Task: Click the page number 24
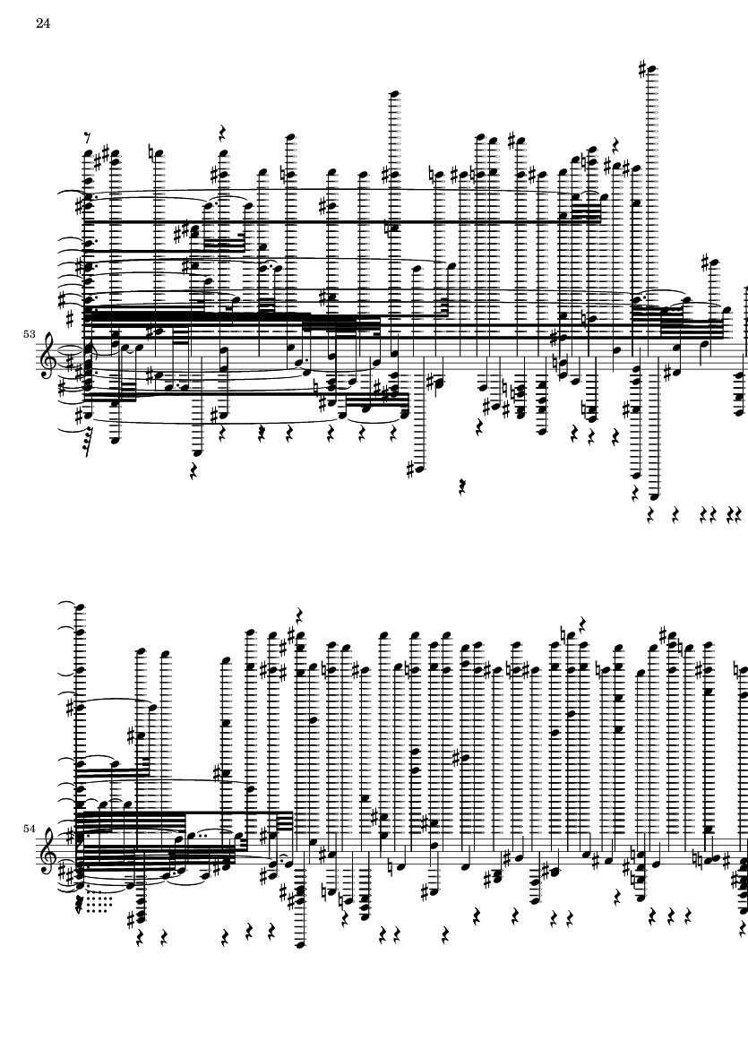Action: [x=43, y=23]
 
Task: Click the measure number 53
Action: [x=29, y=334]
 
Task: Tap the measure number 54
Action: [x=29, y=828]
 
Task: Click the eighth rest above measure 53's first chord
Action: [x=87, y=138]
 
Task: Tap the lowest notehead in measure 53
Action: [x=654, y=496]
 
